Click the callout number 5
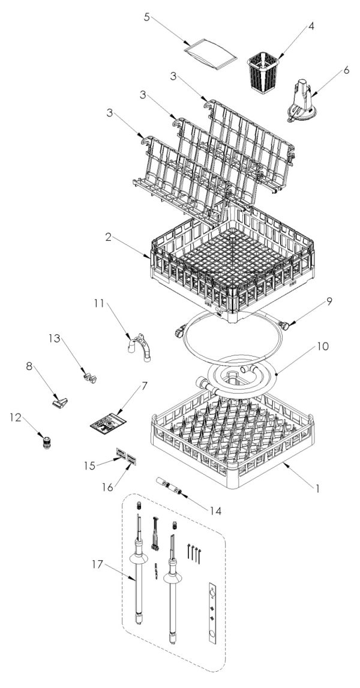click(146, 16)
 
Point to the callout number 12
click(15, 415)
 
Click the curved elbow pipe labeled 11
click(139, 351)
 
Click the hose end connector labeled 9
click(287, 325)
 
